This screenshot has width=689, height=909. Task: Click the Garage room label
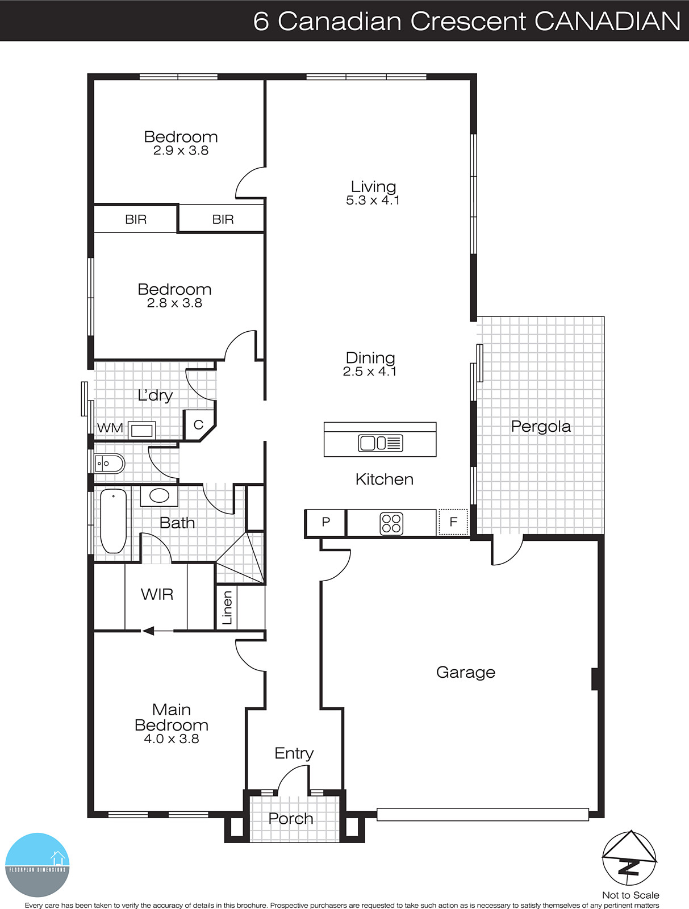(x=465, y=672)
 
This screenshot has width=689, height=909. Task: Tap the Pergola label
(x=540, y=426)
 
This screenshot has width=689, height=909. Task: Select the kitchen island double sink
(x=380, y=443)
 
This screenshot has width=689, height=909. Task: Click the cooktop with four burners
(x=391, y=523)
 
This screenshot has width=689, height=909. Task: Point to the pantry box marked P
(x=325, y=522)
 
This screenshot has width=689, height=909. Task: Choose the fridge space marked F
(x=453, y=522)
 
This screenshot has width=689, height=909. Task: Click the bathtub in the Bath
(x=114, y=521)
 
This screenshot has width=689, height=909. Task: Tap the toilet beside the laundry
(x=110, y=464)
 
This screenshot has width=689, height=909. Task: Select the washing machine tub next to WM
(x=141, y=430)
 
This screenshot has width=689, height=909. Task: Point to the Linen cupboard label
(x=227, y=608)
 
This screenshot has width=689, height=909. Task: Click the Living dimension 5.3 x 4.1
(x=373, y=201)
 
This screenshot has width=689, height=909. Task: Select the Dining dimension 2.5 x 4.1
(x=369, y=372)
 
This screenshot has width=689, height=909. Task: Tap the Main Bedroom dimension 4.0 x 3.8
(x=171, y=739)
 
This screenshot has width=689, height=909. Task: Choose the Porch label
(x=291, y=819)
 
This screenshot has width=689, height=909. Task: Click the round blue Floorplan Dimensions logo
(x=37, y=865)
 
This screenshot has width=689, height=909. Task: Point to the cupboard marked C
(x=198, y=424)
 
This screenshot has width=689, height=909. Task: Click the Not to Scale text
(x=630, y=895)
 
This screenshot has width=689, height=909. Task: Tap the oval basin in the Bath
(x=159, y=496)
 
